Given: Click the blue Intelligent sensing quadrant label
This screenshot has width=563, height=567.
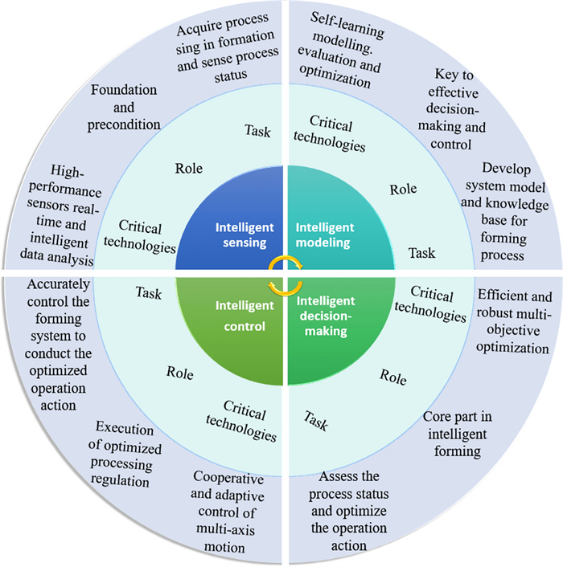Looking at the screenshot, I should pos(237,233).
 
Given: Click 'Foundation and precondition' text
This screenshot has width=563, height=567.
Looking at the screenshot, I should pos(125,108).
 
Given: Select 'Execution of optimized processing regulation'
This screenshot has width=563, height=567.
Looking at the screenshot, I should pos(122,453).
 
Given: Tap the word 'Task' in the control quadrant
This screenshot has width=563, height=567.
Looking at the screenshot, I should pos(149,293).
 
